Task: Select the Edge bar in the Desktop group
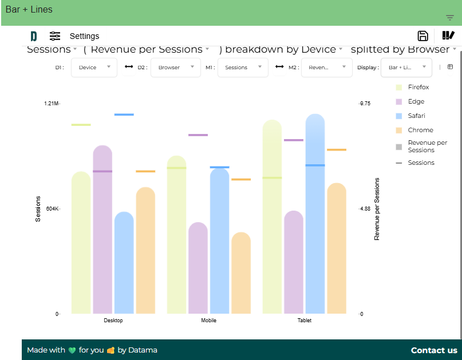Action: coord(102,229)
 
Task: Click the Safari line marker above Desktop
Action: coord(124,114)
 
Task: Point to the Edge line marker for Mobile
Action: coord(198,135)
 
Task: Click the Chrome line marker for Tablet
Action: coord(337,150)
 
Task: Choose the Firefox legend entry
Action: coord(418,87)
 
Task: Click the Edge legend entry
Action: coord(416,101)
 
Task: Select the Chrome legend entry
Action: coord(420,130)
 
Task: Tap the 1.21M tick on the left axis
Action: coord(51,104)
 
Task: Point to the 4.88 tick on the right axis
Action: coord(365,209)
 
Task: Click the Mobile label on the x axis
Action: coord(209,321)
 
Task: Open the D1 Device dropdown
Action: coord(94,68)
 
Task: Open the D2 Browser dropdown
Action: coord(176,68)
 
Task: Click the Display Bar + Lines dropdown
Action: coord(406,68)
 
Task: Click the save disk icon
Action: coord(423,36)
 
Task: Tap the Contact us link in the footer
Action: coord(434,350)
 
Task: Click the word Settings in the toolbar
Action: coord(84,36)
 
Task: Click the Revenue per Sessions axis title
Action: coord(377,209)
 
